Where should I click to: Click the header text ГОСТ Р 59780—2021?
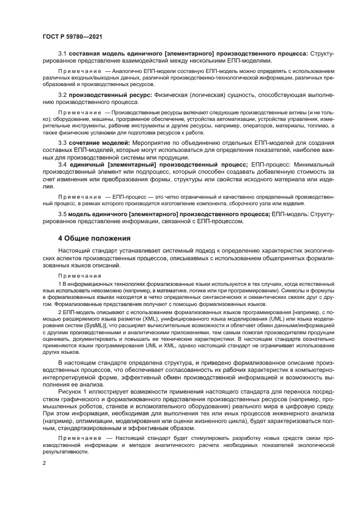(72, 36)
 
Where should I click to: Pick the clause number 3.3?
(62, 142)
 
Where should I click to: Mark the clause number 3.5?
(62, 214)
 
